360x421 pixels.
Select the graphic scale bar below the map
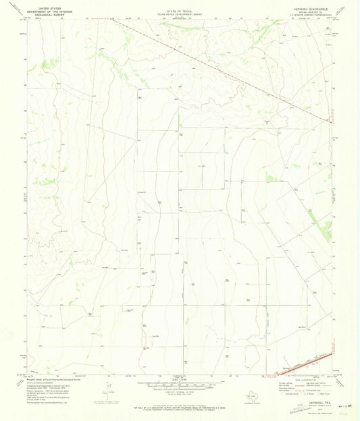point(180,387)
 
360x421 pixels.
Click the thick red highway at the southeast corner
point(304,365)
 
